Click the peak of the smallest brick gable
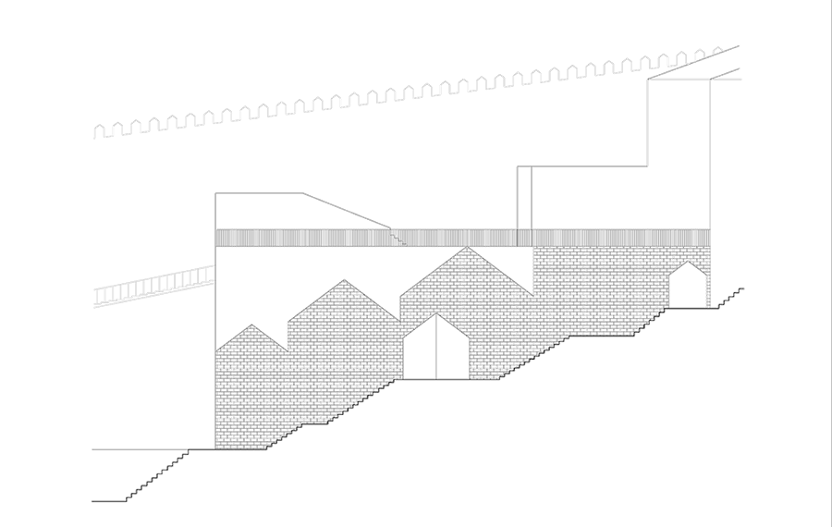[x=250, y=325]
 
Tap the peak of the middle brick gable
[x=344, y=280]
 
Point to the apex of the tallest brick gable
[x=467, y=247]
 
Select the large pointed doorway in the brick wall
[x=436, y=349]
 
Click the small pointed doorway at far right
[x=687, y=287]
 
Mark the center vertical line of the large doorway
[x=436, y=351]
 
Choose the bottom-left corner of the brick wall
[x=216, y=448]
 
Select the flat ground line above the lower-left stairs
[x=139, y=449]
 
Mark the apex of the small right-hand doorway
[x=687, y=263]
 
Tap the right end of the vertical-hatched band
[x=707, y=238]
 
